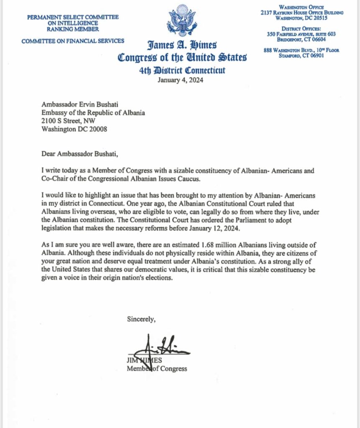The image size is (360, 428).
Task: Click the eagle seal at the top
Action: [x=182, y=20]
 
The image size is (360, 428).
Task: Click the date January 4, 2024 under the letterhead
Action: [x=180, y=80]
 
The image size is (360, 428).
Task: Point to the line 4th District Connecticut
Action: [x=182, y=70]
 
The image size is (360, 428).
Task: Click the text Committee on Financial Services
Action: [x=73, y=41]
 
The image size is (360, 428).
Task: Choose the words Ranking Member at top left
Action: [x=73, y=29]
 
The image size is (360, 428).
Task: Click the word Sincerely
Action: [x=141, y=320]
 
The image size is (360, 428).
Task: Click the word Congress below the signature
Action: [x=173, y=368]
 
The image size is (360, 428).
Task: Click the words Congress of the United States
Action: [x=182, y=57]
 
